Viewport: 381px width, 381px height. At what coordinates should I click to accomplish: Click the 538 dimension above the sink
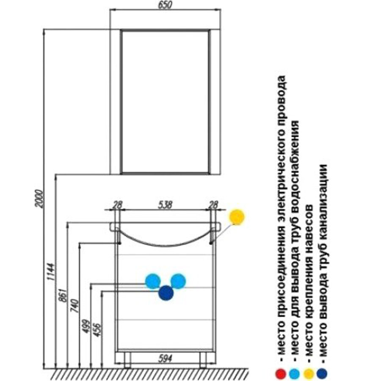165,205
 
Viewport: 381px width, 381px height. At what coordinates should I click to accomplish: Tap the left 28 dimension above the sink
117,205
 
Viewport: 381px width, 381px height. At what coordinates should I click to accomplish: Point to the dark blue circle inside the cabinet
166,293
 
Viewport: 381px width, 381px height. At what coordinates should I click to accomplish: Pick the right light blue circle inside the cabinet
179,281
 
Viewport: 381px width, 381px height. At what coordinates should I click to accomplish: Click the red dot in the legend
280,373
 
